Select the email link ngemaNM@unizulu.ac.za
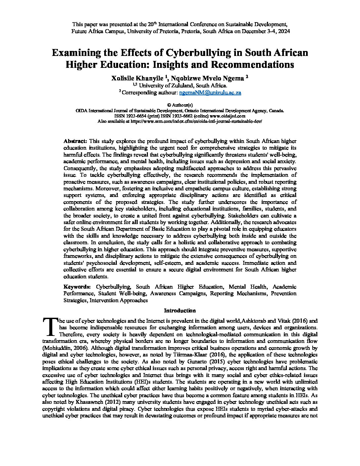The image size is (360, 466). pos(210,93)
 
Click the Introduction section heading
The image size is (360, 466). pos(180,310)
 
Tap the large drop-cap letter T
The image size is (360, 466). pos(50,326)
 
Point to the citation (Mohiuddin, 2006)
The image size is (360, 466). pos(66,348)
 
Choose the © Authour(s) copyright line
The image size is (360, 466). pos(180,105)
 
